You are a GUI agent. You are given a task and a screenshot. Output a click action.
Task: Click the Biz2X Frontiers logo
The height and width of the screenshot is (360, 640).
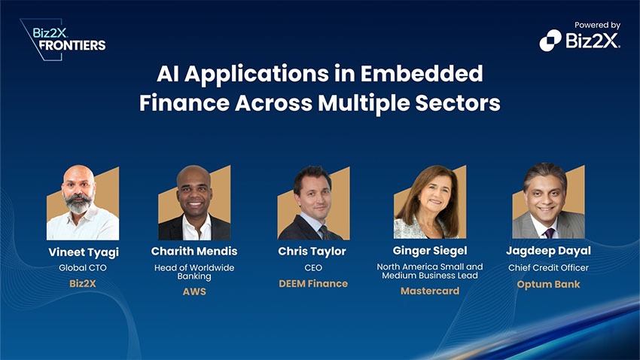tap(63, 40)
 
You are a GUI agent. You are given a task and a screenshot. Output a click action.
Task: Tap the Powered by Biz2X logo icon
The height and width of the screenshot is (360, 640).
tap(550, 41)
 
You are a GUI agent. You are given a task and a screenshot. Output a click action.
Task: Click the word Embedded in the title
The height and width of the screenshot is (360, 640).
tap(422, 74)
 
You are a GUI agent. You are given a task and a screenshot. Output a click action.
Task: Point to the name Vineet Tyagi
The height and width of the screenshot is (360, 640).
tap(84, 252)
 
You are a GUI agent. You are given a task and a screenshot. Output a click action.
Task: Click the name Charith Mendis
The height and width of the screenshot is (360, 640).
tap(194, 251)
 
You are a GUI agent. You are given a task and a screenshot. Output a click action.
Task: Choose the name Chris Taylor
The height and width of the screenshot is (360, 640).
tap(312, 252)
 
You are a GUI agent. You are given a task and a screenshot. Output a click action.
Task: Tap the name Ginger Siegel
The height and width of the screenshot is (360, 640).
tap(430, 251)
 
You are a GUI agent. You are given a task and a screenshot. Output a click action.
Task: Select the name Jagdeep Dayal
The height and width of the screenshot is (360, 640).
tap(548, 251)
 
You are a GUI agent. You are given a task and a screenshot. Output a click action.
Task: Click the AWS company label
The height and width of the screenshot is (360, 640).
tap(194, 291)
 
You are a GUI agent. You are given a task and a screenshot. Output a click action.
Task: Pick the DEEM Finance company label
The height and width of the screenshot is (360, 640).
tap(313, 284)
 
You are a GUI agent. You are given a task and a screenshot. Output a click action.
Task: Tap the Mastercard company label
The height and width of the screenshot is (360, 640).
tap(430, 291)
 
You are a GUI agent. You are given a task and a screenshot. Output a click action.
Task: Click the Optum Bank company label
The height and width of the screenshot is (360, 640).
tap(548, 284)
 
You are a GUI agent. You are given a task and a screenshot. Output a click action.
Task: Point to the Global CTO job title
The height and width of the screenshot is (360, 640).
tap(83, 268)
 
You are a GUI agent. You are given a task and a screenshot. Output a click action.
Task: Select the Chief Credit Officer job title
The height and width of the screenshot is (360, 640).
tap(548, 268)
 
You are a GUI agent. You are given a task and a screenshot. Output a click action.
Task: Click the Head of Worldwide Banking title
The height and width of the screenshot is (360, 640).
tap(194, 272)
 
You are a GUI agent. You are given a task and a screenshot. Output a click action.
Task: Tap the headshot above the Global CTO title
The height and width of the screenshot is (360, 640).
tap(83, 203)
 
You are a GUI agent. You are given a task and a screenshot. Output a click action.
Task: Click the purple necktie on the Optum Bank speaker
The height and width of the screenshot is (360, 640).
tap(550, 233)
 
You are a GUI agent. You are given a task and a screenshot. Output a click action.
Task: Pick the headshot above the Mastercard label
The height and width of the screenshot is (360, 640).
tap(429, 202)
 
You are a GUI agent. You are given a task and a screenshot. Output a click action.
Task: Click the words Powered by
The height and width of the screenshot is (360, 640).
tap(598, 26)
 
